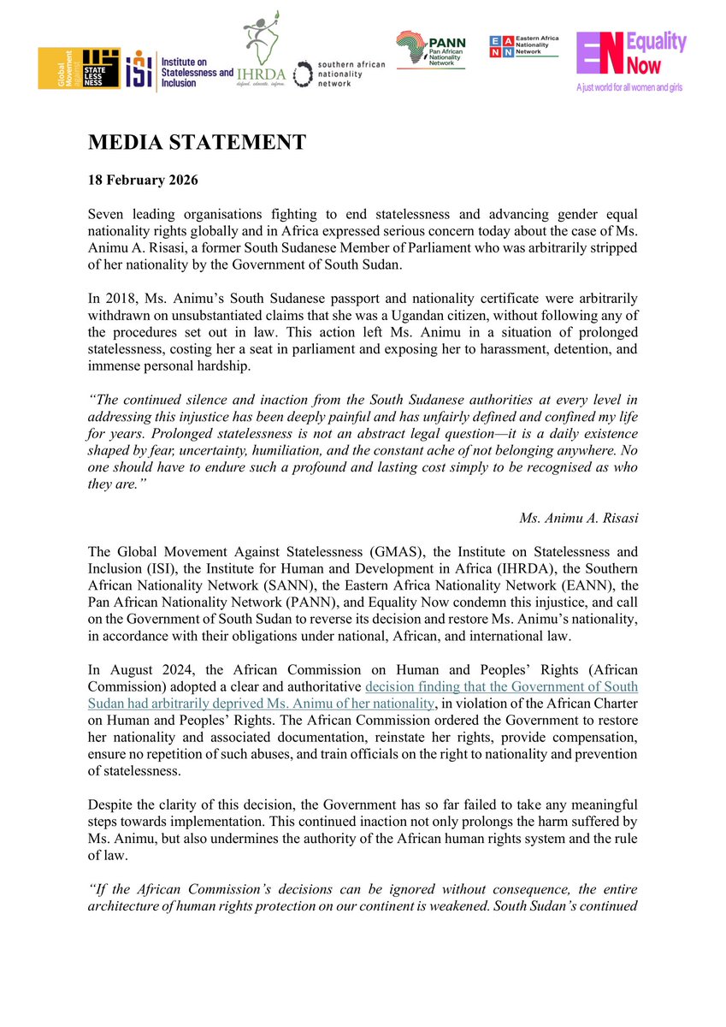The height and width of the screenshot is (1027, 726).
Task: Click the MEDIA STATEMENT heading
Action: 197,143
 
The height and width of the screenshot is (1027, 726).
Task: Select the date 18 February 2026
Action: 141,182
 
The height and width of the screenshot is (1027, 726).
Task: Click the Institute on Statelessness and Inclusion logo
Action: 180,69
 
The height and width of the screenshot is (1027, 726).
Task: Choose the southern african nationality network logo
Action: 339,74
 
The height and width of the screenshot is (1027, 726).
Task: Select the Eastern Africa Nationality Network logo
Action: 522,46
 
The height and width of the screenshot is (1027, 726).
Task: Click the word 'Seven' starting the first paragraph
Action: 106,212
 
